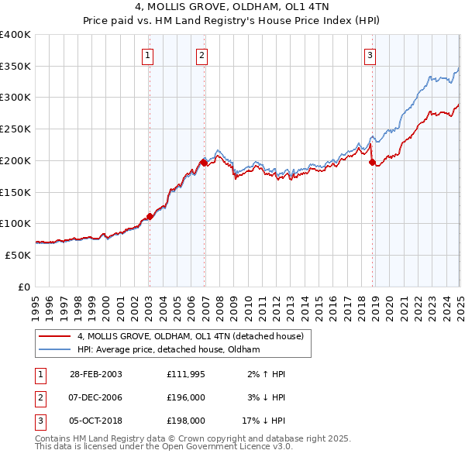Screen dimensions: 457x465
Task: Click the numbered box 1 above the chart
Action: pyautogui.click(x=147, y=55)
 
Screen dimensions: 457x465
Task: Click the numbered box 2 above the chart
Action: pyautogui.click(x=201, y=55)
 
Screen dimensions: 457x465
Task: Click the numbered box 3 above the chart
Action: pyautogui.click(x=370, y=55)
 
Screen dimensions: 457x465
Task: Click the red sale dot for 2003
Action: pyautogui.click(x=150, y=216)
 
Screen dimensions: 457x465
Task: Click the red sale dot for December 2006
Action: pyautogui.click(x=204, y=163)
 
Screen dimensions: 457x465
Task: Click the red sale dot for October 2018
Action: pyautogui.click(x=372, y=162)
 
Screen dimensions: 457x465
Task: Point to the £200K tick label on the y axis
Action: pyautogui.click(x=15, y=160)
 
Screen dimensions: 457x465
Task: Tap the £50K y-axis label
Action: pyautogui.click(x=18, y=255)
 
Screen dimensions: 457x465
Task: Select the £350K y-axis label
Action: pyautogui.click(x=15, y=67)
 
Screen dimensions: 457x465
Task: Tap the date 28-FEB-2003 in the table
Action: pyautogui.click(x=96, y=374)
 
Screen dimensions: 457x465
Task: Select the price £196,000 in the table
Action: pyautogui.click(x=186, y=397)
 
